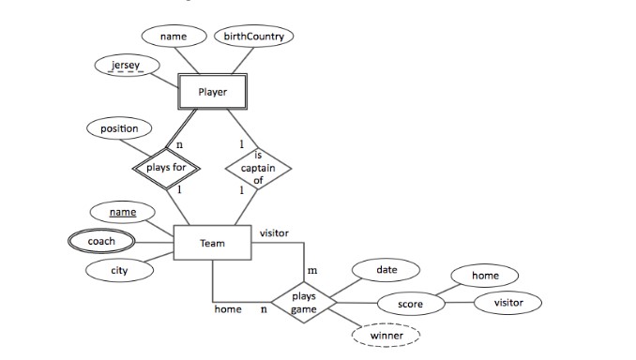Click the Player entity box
(x=213, y=92)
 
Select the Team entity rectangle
(x=212, y=244)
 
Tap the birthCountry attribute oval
(x=254, y=37)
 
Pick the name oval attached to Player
(x=174, y=37)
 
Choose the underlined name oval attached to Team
(x=123, y=213)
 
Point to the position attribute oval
(x=119, y=128)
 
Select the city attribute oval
(x=118, y=271)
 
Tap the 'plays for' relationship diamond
(x=165, y=168)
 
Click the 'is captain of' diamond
(x=258, y=168)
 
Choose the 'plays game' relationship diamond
(x=304, y=302)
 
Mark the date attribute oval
(x=386, y=270)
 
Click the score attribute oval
(x=410, y=305)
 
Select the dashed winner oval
(x=386, y=335)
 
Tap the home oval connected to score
(x=485, y=276)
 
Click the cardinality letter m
(x=312, y=271)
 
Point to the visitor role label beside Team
(x=274, y=232)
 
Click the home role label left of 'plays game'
(x=228, y=308)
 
